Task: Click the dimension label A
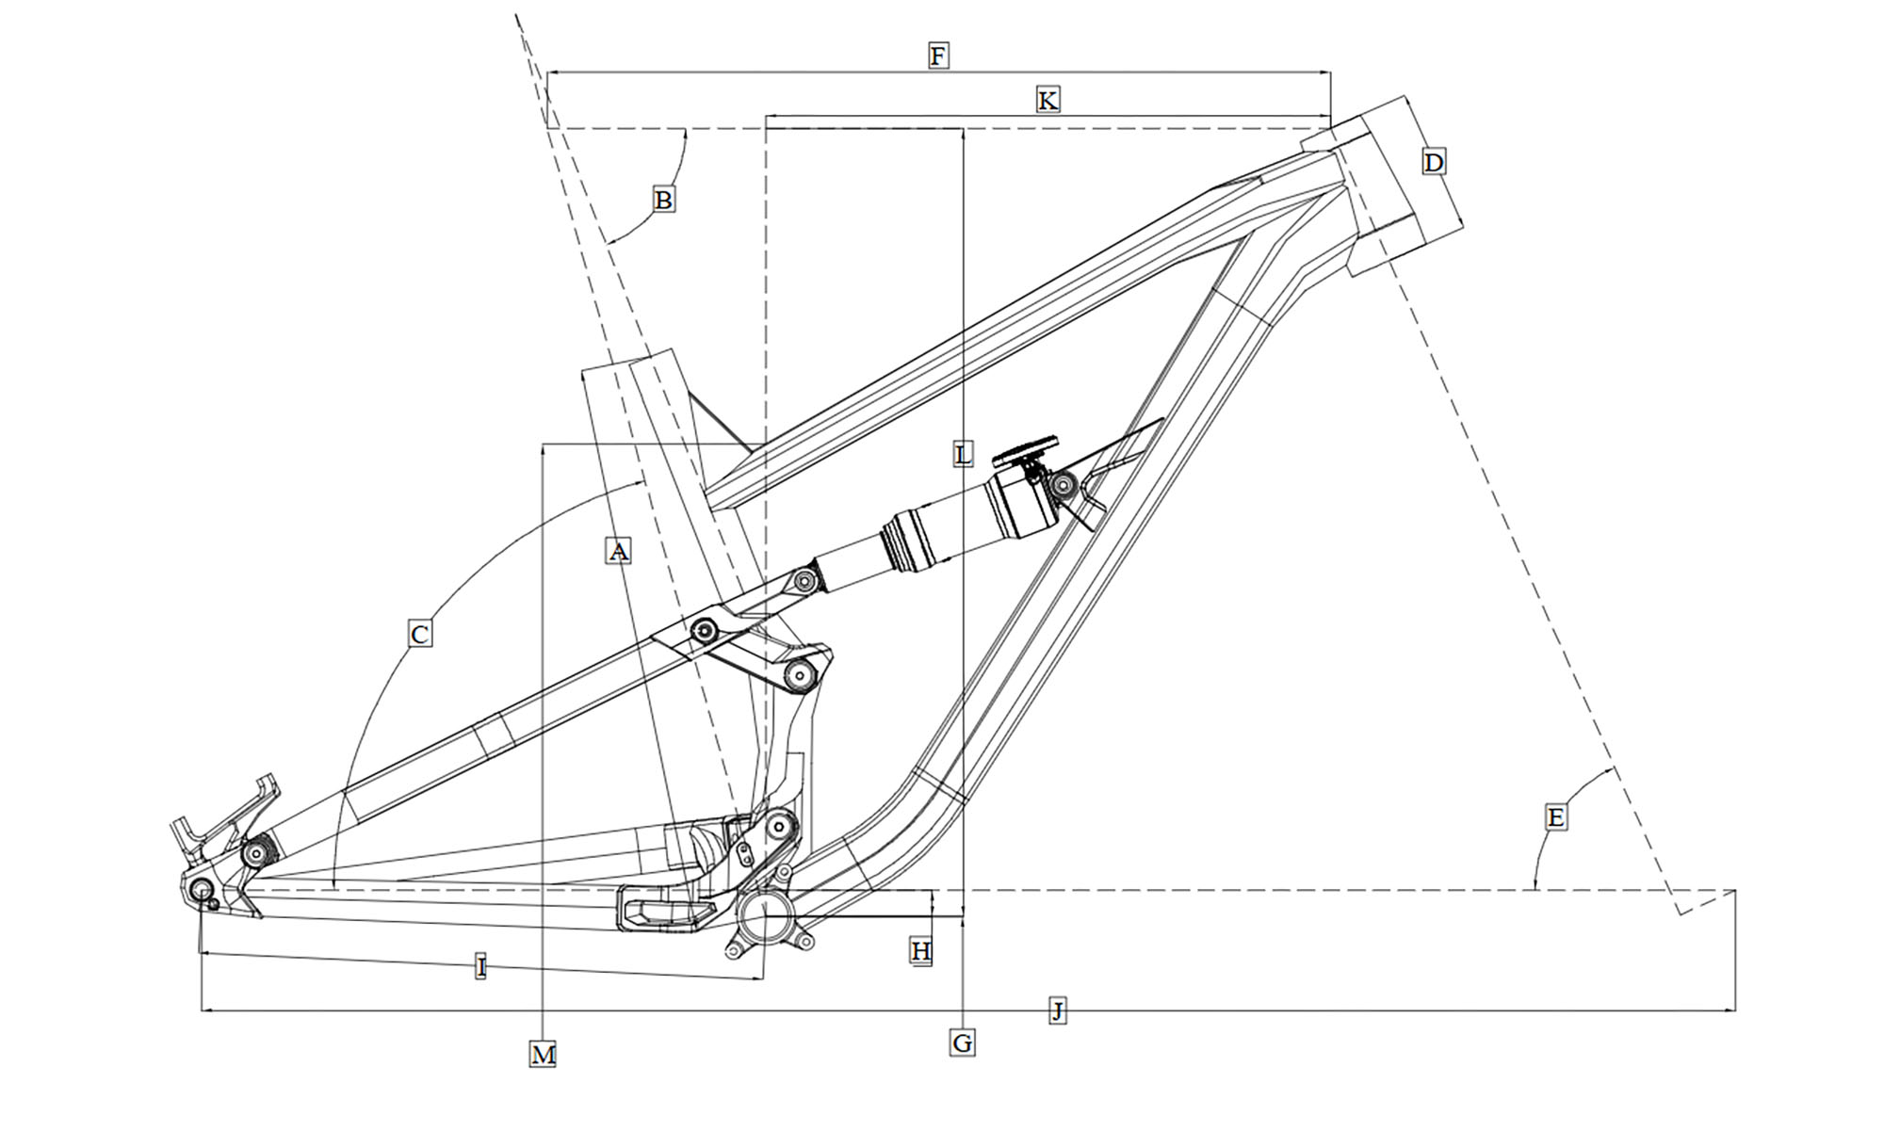pos(617,551)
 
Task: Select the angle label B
pos(663,200)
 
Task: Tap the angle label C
pos(420,634)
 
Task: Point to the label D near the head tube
pos(1433,163)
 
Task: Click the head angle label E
pos(1555,816)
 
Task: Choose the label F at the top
pos(937,56)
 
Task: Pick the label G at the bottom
pos(962,1042)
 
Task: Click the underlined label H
pos(920,951)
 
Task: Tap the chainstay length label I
pos(480,966)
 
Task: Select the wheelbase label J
pos(1058,1011)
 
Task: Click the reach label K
pos(1047,100)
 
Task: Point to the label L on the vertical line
pos(962,455)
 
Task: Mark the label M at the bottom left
pos(543,1054)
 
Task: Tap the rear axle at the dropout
pos(201,890)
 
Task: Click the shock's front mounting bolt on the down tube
pos(1064,486)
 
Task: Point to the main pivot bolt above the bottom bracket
pos(778,827)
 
